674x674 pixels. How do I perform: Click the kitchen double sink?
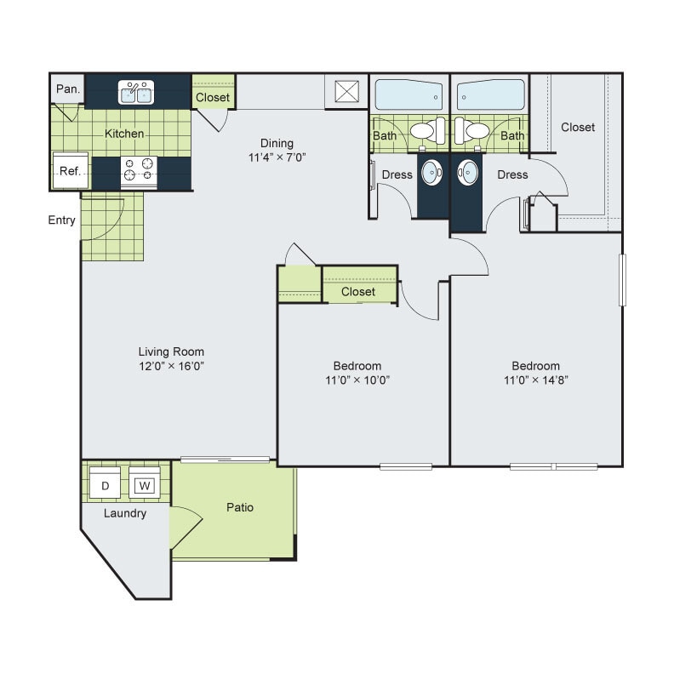137,92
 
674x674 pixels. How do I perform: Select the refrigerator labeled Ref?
69,171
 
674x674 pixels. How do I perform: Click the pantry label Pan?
67,89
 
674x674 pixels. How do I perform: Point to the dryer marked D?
106,486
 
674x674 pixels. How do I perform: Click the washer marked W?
145,486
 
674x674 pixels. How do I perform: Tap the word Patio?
239,508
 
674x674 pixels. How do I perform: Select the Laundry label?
125,513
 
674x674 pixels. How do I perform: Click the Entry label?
61,220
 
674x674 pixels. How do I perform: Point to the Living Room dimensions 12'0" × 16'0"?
172,366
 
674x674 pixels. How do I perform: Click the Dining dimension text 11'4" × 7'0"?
277,157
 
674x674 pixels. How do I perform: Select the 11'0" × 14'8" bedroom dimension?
535,380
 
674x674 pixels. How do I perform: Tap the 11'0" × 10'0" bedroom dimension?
358,380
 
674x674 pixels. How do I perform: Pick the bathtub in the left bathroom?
408,94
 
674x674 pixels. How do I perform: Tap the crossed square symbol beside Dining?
347,91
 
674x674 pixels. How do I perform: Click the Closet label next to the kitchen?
213,97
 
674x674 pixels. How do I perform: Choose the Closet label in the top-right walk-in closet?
578,127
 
